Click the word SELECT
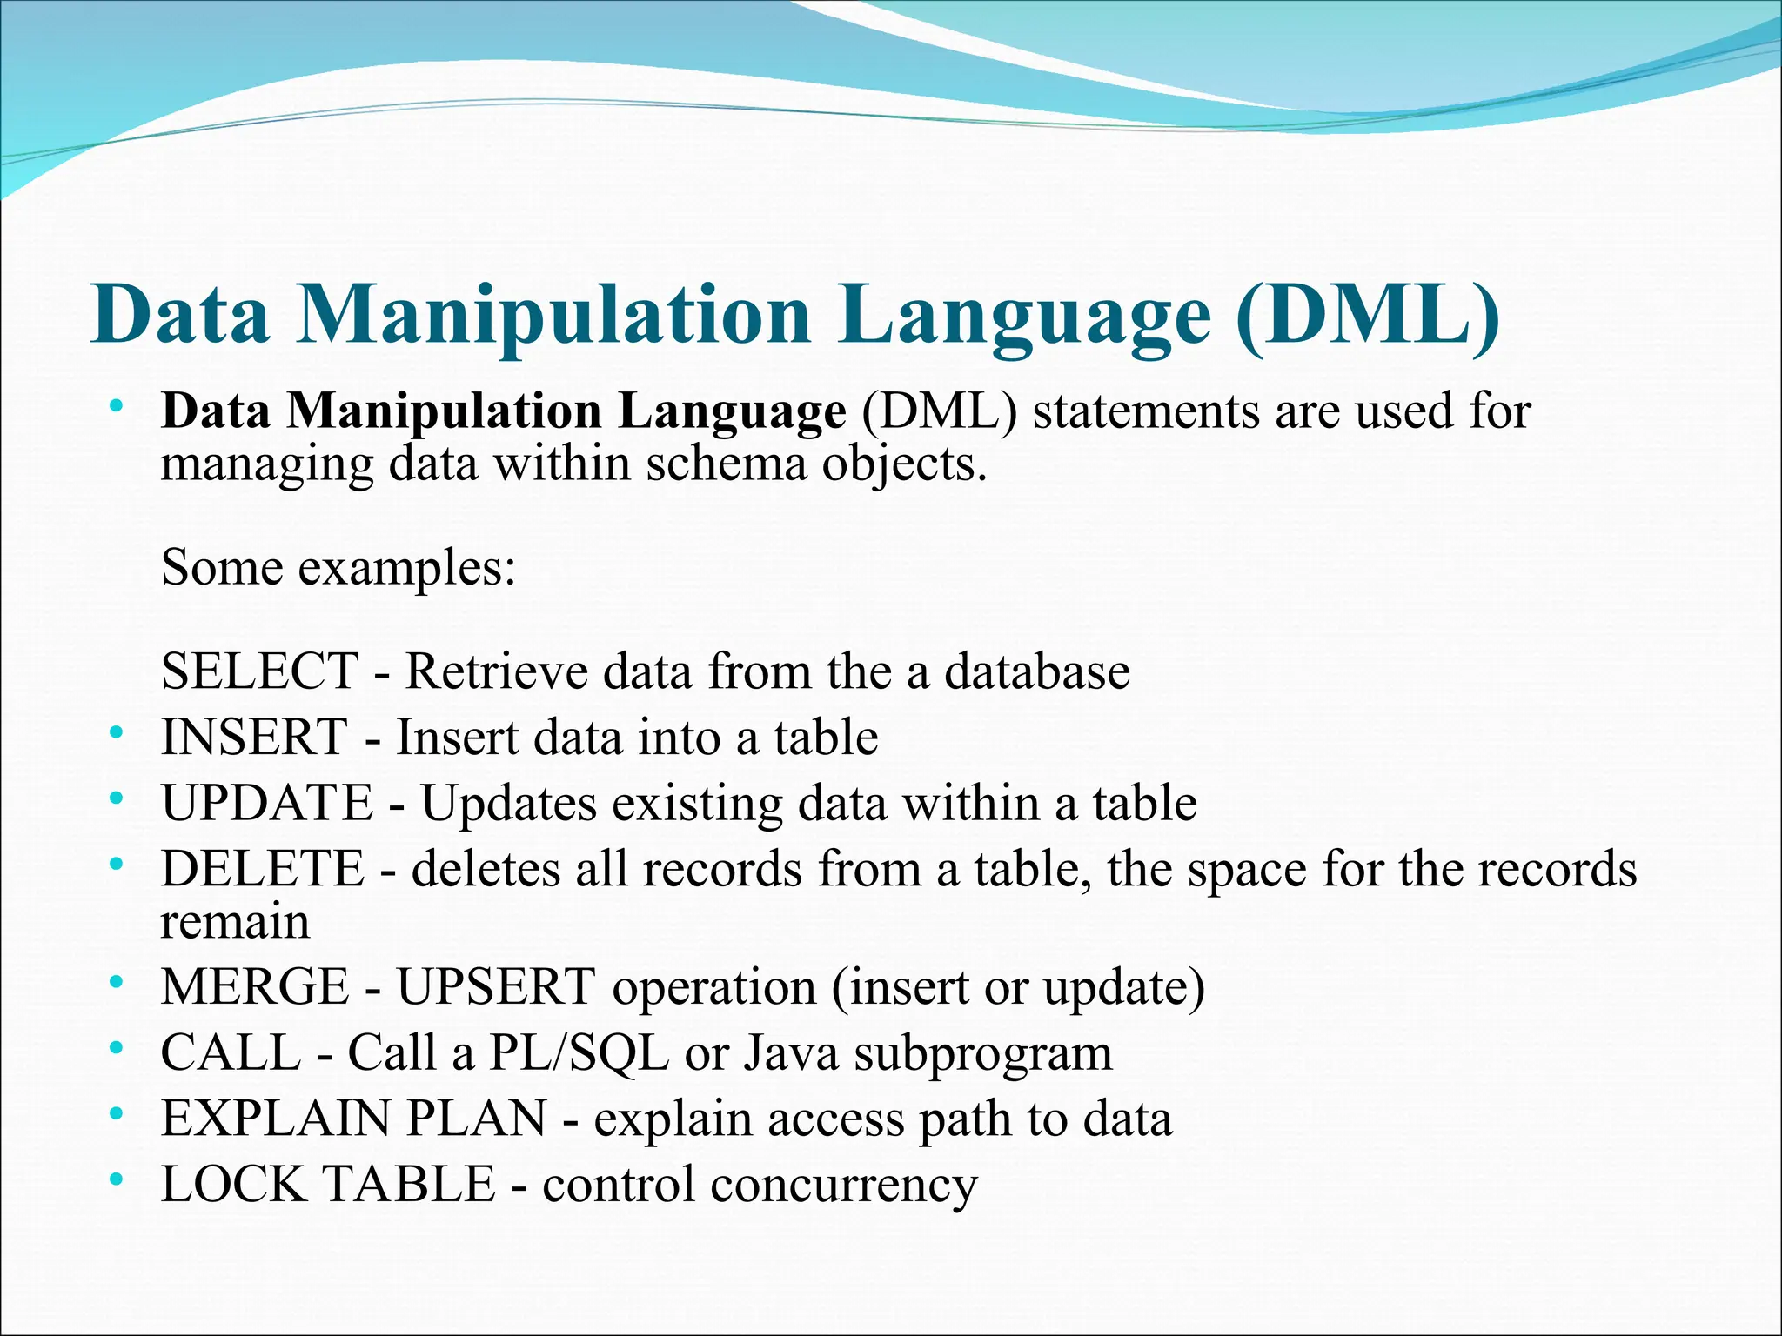click(259, 671)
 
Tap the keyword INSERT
click(254, 738)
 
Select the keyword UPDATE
click(267, 803)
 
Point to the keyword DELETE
click(263, 869)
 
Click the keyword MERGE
click(255, 987)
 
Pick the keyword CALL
click(231, 1052)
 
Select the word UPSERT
click(496, 987)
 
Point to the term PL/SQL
click(579, 1052)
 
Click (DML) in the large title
click(1368, 315)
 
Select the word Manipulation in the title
click(554, 315)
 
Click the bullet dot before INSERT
click(117, 734)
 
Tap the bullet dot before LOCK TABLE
click(117, 1181)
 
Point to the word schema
click(727, 464)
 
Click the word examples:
click(407, 570)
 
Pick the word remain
click(235, 922)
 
